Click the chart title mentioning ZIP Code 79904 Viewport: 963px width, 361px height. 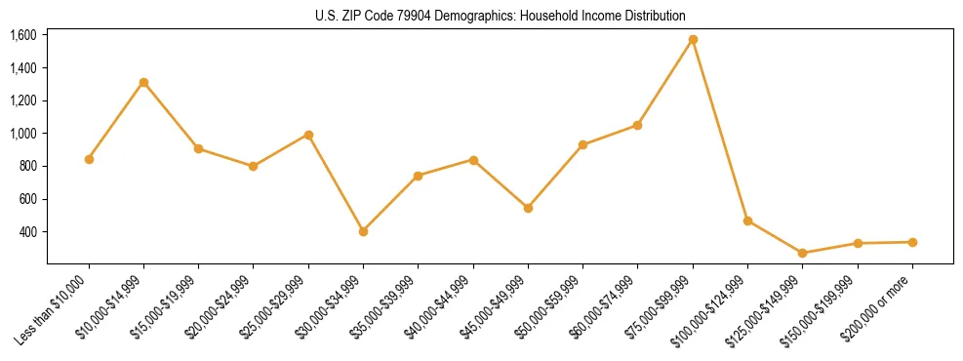point(501,16)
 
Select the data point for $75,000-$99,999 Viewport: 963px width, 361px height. point(693,40)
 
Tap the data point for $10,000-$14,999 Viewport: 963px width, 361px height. point(143,83)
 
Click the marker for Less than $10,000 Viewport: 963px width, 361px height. point(89,159)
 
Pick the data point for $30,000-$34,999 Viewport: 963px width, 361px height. point(363,231)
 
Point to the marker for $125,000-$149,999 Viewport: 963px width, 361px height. point(802,253)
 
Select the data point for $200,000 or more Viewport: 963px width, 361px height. point(912,242)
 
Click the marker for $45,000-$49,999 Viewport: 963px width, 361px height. point(528,208)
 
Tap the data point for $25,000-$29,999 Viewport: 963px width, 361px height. point(308,135)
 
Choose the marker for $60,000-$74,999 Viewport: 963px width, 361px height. point(637,125)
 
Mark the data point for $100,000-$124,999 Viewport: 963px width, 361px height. point(747,221)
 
